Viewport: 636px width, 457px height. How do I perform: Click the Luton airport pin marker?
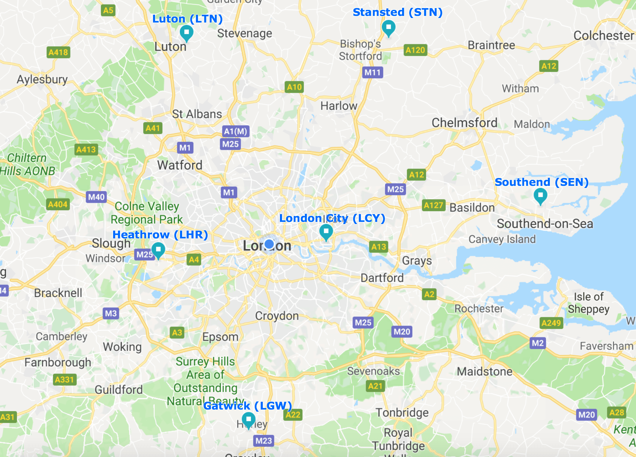tap(186, 32)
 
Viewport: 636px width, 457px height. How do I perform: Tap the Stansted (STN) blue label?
tap(397, 12)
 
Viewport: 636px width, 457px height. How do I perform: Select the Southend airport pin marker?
tap(540, 195)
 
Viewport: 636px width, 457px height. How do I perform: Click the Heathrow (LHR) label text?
tap(160, 235)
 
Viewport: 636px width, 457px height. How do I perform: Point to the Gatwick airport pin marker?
tap(248, 419)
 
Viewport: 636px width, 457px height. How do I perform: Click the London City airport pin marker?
tap(326, 232)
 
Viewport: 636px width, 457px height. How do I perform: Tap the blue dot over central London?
tap(269, 244)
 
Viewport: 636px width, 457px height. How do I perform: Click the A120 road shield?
tap(415, 50)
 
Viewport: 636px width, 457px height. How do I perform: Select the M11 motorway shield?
tap(372, 72)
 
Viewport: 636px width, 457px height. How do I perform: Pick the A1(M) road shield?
tap(235, 131)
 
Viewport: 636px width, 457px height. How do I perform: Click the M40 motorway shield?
tap(96, 197)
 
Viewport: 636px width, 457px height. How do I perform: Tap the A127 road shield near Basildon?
tap(433, 205)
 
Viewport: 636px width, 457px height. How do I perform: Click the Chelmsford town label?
tap(464, 123)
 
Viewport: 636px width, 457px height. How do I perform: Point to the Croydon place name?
tap(277, 316)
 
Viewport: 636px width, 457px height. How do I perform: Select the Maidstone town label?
tap(484, 372)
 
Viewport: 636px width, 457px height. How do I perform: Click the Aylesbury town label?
tap(42, 80)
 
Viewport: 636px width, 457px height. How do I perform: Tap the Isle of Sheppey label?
tap(588, 303)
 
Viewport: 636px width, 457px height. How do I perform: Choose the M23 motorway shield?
tap(263, 441)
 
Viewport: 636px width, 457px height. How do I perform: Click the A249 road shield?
tap(551, 323)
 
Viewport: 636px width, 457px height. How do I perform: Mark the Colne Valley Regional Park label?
tap(146, 213)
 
